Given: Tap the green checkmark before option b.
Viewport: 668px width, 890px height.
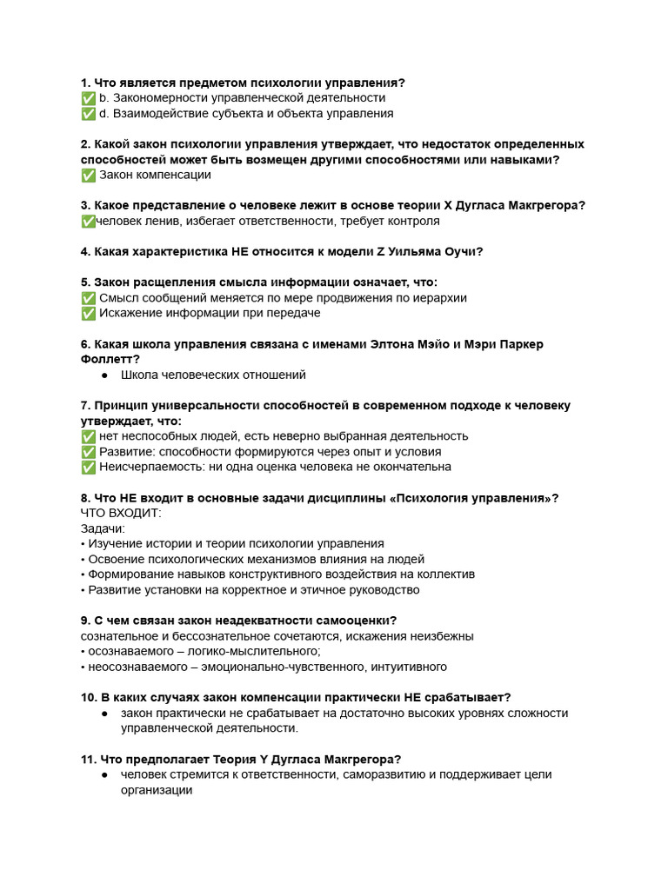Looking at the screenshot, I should (x=88, y=98).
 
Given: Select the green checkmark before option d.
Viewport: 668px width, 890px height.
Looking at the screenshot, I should (x=88, y=114).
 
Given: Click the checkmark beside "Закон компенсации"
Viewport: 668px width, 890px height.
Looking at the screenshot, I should (x=88, y=175).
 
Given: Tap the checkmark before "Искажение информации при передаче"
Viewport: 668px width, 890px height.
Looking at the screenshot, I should (x=88, y=313).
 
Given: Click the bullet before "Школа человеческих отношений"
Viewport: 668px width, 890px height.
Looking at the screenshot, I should (x=104, y=375).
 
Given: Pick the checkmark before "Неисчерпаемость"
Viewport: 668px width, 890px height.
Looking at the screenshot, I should (x=88, y=468).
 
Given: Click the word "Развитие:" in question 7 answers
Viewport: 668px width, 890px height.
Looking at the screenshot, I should (x=126, y=452).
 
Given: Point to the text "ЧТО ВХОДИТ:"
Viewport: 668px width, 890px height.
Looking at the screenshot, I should (x=116, y=513).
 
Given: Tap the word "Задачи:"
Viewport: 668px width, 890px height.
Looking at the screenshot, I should (x=104, y=528).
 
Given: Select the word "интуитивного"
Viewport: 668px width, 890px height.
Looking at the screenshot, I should (x=407, y=667).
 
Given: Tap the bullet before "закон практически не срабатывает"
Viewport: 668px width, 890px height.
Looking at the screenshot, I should (x=104, y=714).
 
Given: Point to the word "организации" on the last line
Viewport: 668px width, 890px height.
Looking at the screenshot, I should (x=157, y=791).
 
